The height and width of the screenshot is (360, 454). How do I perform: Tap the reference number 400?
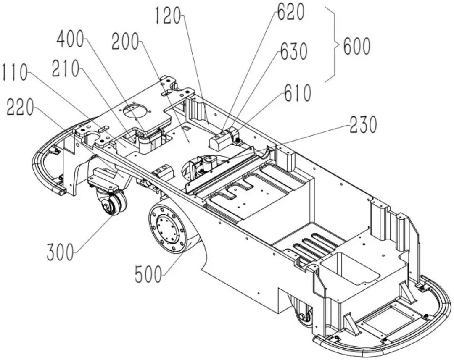(x=71, y=41)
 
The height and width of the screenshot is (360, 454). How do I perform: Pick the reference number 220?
(x=20, y=108)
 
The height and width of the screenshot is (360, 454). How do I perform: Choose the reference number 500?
(x=148, y=275)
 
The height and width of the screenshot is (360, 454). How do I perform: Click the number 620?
(x=290, y=13)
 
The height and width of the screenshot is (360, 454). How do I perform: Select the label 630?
(x=294, y=51)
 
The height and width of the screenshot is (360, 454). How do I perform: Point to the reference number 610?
(x=297, y=92)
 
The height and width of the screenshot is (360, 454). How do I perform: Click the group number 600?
(x=357, y=46)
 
